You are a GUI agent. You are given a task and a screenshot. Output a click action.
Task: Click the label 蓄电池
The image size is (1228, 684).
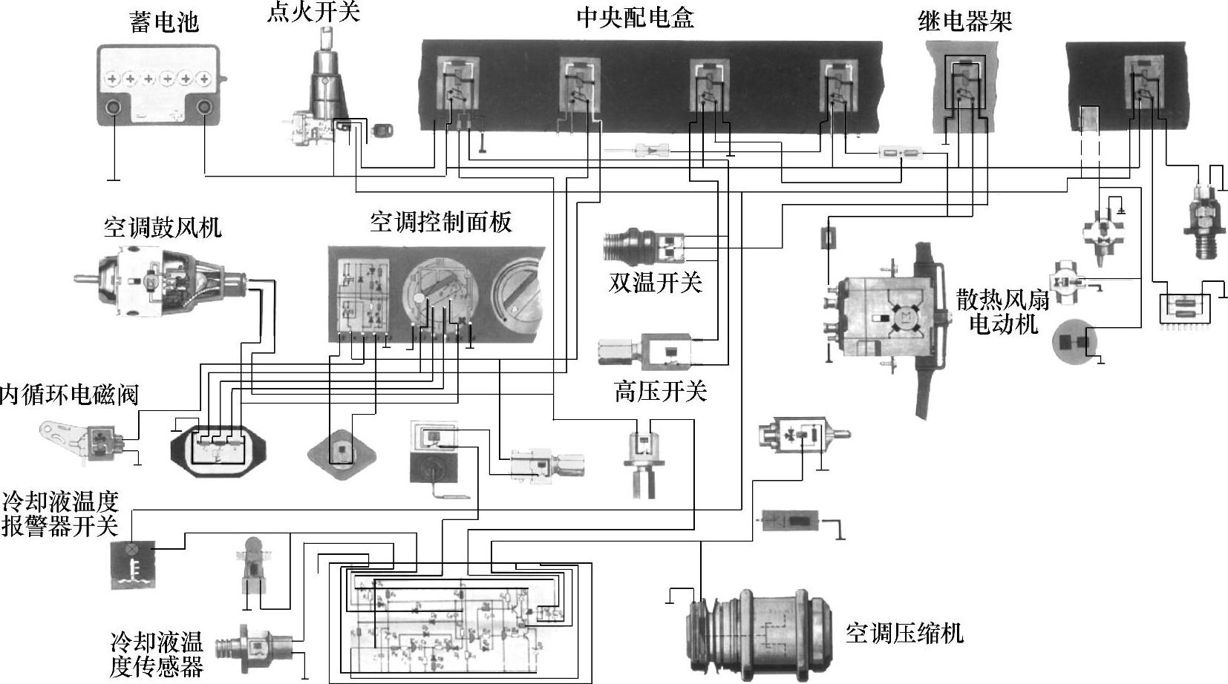164,22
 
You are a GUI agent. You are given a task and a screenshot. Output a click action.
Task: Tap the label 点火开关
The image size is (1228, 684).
313,13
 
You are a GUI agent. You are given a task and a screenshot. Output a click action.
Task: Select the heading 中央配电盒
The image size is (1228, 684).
635,18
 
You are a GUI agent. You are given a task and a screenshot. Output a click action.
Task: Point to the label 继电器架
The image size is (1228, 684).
964,22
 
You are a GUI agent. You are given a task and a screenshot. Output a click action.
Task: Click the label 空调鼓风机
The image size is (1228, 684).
163,227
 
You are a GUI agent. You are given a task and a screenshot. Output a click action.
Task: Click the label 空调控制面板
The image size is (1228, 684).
440,221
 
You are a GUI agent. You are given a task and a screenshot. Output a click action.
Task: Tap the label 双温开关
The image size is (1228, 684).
655,282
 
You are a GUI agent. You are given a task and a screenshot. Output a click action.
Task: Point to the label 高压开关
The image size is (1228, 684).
660,391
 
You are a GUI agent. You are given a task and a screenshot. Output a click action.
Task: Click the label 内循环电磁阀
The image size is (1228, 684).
69,394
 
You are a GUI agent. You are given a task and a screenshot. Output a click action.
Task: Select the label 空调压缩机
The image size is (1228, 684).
904,633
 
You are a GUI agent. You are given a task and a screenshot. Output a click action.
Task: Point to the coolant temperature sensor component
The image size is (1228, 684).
252,644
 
